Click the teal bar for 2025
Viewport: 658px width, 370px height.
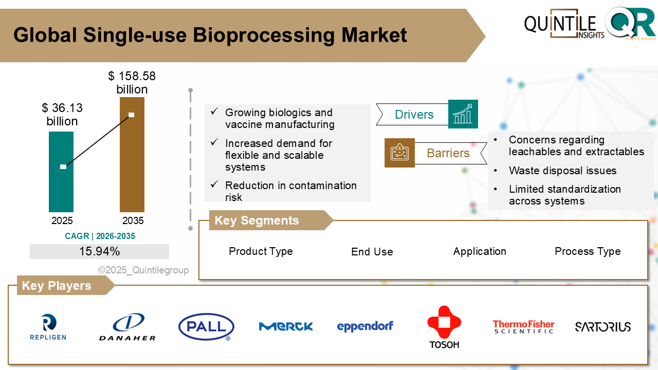tap(61, 172)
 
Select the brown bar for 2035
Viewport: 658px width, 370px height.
tap(132, 155)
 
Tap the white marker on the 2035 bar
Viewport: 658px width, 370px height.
tap(131, 115)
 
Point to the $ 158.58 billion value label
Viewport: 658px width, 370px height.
tap(132, 83)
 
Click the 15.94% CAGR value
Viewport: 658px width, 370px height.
tap(100, 251)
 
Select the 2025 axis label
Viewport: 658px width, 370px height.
tap(62, 220)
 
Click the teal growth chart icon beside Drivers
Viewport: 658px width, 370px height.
tap(463, 114)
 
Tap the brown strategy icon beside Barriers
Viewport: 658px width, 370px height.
tap(399, 153)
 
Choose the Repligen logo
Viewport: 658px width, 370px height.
tap(48, 327)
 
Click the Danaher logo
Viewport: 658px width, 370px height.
tap(127, 327)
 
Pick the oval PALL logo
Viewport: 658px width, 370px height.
tap(206, 327)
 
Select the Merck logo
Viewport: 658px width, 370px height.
tap(286, 326)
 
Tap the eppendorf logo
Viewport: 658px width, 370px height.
tap(365, 326)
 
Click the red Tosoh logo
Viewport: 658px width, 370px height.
tap(444, 327)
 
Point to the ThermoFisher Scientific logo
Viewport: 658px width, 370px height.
tap(523, 327)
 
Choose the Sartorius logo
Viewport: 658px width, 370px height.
tap(603, 327)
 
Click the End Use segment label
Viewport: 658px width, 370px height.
tap(372, 252)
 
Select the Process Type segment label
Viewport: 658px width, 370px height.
tap(588, 251)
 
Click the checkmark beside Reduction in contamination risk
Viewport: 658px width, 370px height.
tap(214, 184)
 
